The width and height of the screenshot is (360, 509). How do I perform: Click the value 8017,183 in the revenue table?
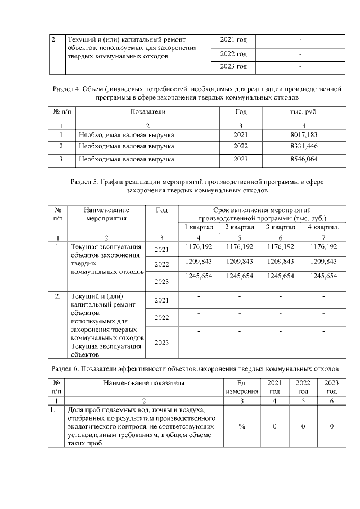click(x=304, y=135)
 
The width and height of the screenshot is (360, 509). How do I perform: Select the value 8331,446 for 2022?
click(x=304, y=146)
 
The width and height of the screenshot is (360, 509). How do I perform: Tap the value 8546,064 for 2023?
click(x=304, y=159)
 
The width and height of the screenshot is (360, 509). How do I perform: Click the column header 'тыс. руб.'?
click(x=304, y=112)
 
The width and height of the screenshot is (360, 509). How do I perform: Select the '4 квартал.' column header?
click(x=323, y=227)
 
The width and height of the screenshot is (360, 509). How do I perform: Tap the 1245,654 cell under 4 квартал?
click(x=323, y=276)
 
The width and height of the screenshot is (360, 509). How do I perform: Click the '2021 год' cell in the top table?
click(x=233, y=40)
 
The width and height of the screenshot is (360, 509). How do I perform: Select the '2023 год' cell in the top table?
click(x=233, y=67)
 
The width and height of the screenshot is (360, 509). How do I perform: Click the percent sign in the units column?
click(x=241, y=426)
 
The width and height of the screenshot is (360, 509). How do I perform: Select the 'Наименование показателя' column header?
click(x=143, y=383)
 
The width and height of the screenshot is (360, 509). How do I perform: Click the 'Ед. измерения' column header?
click(x=241, y=387)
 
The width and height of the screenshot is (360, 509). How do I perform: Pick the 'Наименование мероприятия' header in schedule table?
click(x=106, y=214)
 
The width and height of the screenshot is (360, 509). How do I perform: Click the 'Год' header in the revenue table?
click(x=241, y=112)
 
